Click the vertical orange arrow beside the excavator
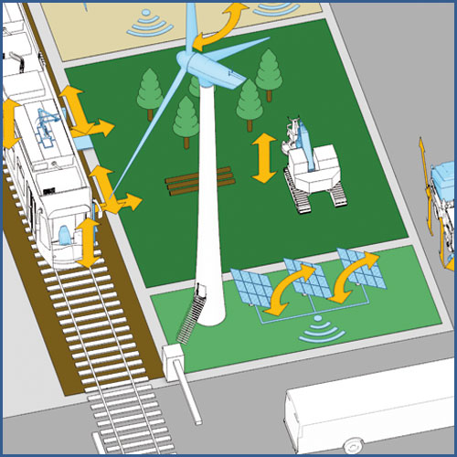(264, 157)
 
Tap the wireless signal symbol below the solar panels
(318, 327)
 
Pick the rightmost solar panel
(358, 267)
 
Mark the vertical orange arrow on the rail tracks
(88, 242)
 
